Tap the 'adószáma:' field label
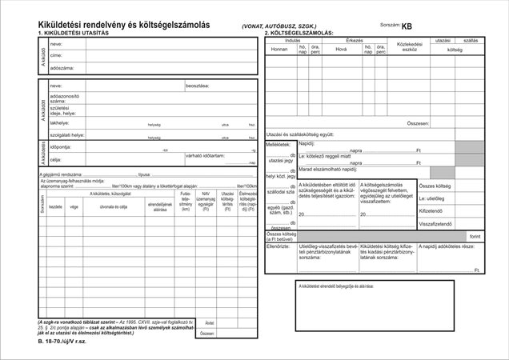(x=62, y=68)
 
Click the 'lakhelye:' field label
(x=59, y=123)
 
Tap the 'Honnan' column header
(x=279, y=48)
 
